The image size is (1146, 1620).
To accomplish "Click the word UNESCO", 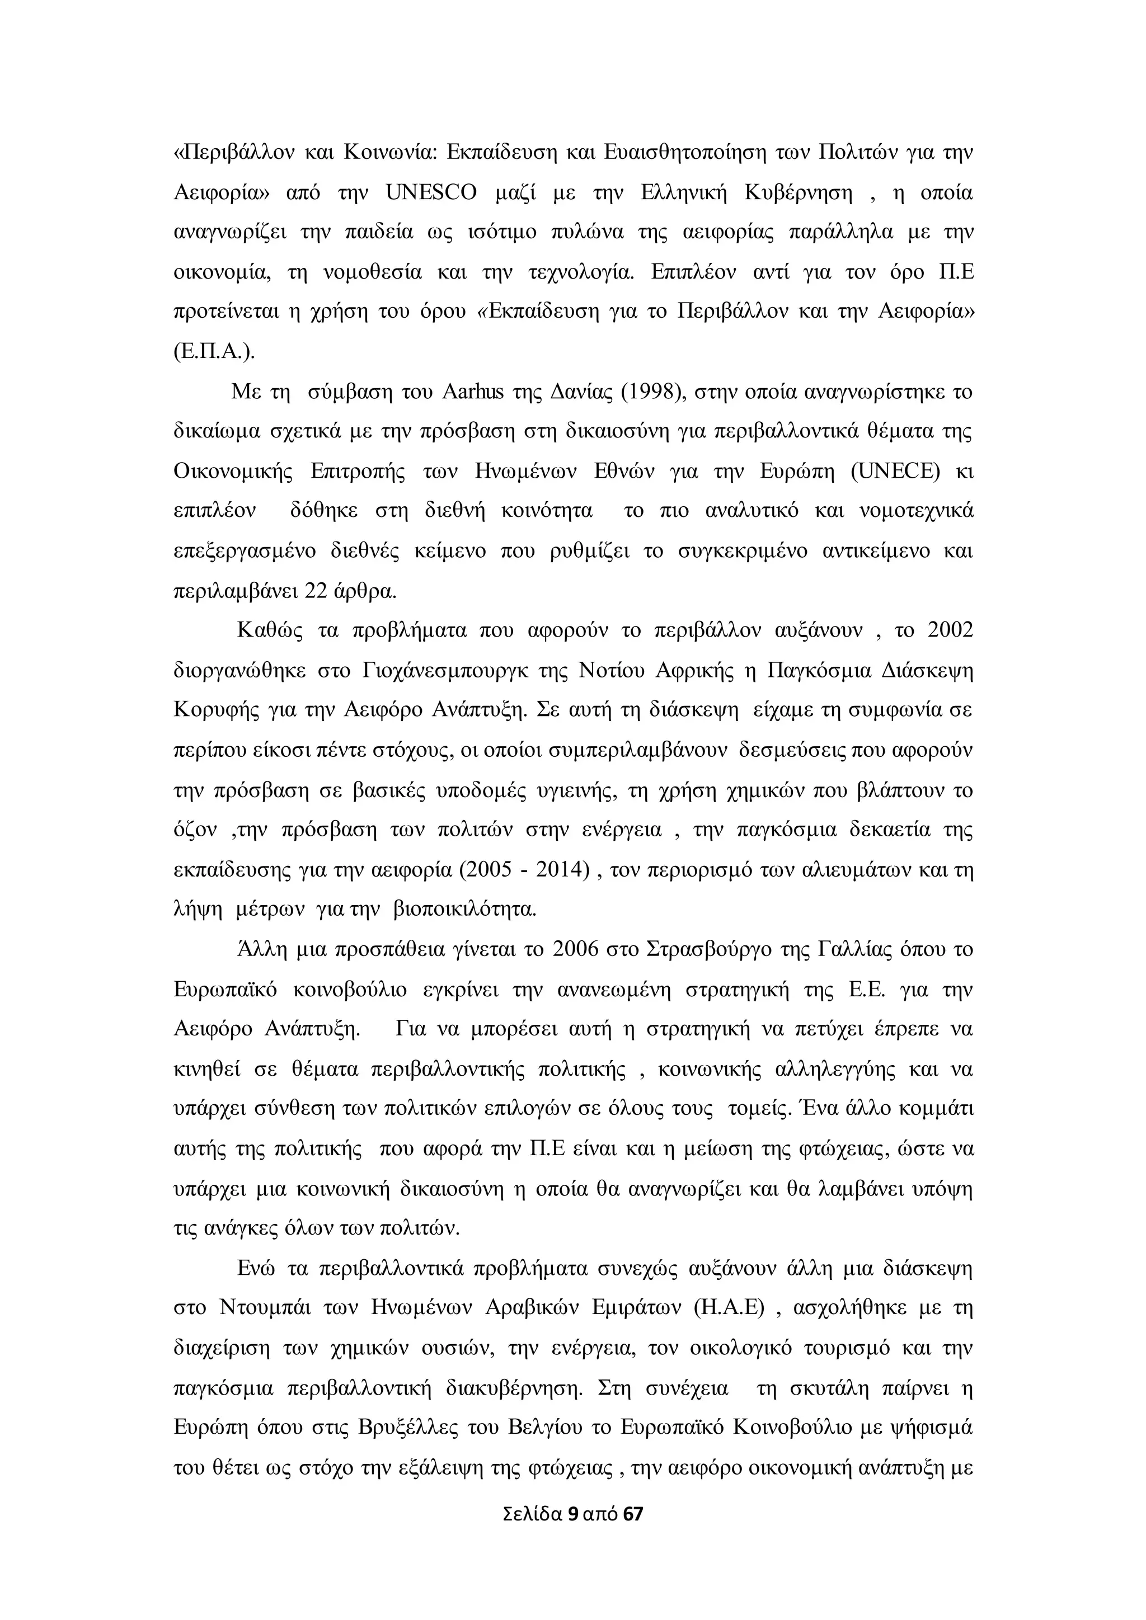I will (431, 192).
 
